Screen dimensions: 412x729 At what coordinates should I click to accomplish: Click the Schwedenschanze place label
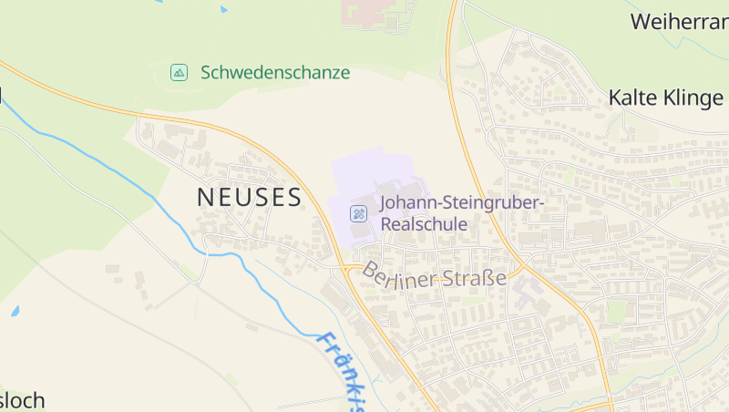pos(275,73)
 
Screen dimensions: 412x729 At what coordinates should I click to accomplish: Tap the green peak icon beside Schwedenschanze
pos(179,72)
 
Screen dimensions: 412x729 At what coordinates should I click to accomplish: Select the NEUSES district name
pos(250,197)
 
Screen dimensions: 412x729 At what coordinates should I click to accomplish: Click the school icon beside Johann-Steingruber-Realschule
pos(360,214)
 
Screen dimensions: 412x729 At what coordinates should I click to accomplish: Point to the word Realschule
pos(424,224)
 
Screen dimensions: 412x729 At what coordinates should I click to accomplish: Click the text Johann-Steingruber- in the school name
pos(462,203)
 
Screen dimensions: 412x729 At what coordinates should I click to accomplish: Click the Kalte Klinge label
pos(665,98)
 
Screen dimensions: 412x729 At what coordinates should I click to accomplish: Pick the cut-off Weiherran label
pos(679,22)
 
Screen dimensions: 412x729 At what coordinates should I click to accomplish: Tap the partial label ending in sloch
pos(22,401)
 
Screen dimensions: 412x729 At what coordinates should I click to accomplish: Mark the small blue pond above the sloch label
pos(15,312)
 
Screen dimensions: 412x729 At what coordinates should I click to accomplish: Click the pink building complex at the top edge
pos(371,14)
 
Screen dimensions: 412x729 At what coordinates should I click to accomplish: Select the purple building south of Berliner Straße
pos(526,293)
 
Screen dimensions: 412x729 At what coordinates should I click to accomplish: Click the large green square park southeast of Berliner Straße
pos(617,312)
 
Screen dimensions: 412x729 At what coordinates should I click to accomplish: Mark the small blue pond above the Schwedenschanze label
pos(223,10)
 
